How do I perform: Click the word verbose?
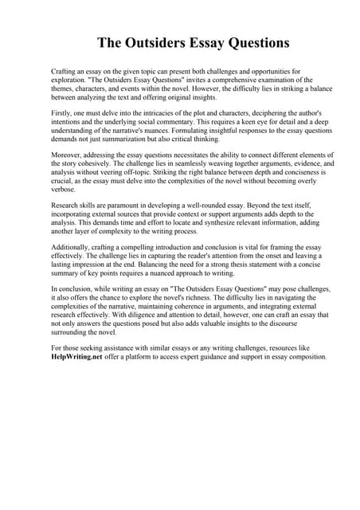[63, 191]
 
